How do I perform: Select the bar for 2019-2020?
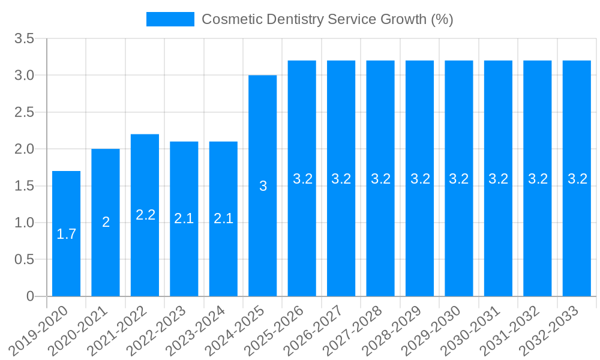coord(66,234)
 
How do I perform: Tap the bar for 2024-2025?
coord(263,185)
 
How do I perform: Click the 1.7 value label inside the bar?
coord(66,234)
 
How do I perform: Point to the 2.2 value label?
coord(145,215)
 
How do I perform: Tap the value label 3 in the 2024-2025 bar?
coord(263,186)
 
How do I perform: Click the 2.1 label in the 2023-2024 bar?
coord(223,218)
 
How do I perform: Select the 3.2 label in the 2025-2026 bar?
coord(302,178)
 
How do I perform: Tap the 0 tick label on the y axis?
coord(31,296)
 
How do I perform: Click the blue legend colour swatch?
coord(170,19)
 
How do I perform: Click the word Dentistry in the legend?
coord(294,19)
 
